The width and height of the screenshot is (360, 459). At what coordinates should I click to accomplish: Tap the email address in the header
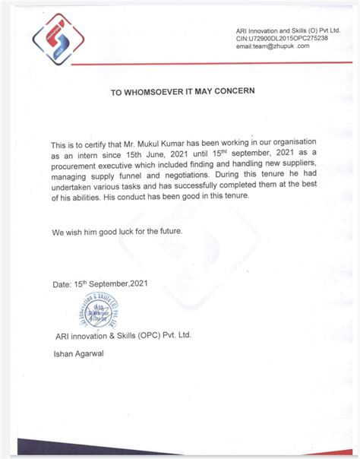pos(273,46)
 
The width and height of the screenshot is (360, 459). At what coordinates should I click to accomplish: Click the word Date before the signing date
pos(61,285)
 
